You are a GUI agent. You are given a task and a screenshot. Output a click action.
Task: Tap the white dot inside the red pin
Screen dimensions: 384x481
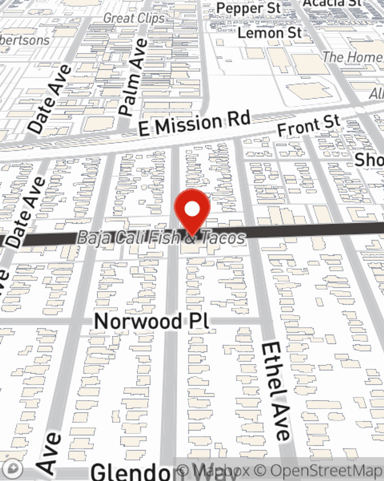pos(192,209)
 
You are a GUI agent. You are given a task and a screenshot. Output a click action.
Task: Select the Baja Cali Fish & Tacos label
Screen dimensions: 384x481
pos(161,237)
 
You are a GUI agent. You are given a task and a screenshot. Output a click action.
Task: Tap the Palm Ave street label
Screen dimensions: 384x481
pos(133,77)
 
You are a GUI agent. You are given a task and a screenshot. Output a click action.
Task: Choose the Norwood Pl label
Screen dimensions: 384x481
pos(152,321)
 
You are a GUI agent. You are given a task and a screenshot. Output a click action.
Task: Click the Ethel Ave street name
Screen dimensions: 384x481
pos(275,391)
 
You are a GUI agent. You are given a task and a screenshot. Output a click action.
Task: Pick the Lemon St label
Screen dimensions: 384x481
pos(270,33)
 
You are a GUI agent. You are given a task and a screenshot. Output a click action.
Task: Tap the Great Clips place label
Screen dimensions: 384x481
pos(134,18)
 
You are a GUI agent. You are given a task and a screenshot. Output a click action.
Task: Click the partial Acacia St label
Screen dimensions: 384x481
pos(332,3)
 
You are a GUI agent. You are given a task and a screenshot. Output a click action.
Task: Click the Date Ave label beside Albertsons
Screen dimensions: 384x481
pos(50,99)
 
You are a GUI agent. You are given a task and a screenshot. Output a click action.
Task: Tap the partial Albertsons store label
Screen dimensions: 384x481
pos(25,40)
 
